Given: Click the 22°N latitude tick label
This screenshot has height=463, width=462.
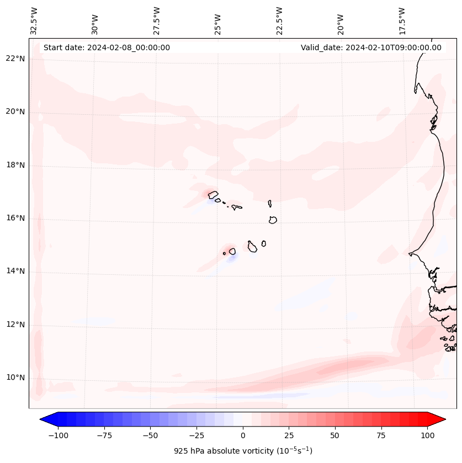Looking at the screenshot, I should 15,59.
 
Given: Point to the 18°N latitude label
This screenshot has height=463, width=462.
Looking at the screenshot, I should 15,166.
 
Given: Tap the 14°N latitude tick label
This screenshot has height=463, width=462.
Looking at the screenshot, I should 15,272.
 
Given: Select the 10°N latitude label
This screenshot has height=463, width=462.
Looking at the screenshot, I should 15,378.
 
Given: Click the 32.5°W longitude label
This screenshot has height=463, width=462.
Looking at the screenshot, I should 34,21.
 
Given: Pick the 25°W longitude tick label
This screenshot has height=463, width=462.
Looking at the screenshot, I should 218,21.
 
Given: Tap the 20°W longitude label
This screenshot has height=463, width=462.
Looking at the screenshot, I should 341,21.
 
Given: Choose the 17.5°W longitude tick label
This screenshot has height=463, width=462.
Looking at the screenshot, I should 402,21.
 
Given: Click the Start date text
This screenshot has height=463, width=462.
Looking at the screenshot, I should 107,47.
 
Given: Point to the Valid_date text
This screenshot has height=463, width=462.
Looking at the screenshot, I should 371,47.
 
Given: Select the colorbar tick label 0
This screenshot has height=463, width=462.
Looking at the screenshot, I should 242,435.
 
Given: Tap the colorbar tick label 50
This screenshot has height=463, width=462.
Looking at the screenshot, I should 335,435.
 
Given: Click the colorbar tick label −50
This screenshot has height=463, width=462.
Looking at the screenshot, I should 150,435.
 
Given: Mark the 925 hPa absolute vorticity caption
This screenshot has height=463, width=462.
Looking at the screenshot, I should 243,451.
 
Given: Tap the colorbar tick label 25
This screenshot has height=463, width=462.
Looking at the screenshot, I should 289,435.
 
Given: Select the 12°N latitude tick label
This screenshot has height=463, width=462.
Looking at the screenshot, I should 15,325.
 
